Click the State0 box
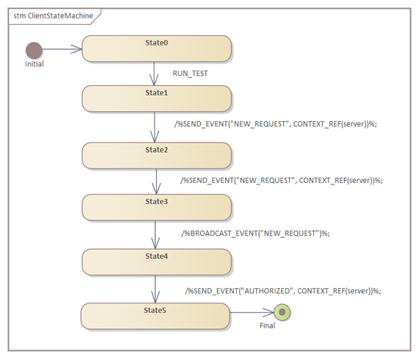click(x=157, y=48)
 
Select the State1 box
click(x=157, y=98)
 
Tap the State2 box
click(x=157, y=156)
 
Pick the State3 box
click(x=157, y=207)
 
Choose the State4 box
click(x=157, y=262)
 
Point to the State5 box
click(x=155, y=316)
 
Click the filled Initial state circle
click(x=34, y=50)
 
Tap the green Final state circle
click(x=282, y=312)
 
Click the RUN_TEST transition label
click(x=191, y=73)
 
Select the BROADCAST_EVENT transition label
click(x=256, y=234)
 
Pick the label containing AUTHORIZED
click(x=283, y=291)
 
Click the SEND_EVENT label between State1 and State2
click(x=276, y=124)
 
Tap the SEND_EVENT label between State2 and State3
click(x=282, y=181)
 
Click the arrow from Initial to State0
click(x=62, y=49)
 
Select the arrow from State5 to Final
click(x=252, y=312)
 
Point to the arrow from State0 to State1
click(x=154, y=73)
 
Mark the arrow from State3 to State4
click(x=155, y=235)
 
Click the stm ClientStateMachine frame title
click(x=53, y=15)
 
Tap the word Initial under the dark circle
click(x=35, y=64)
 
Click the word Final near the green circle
click(x=267, y=325)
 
